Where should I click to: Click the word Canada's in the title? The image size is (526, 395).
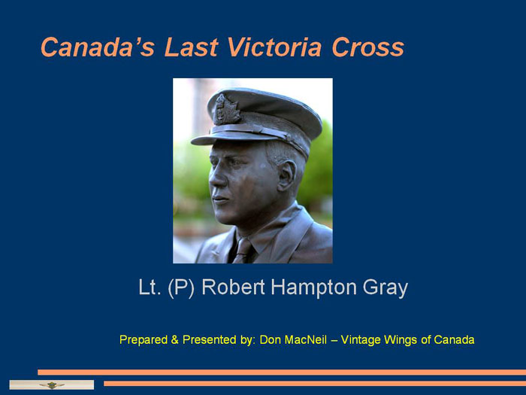pos(97,47)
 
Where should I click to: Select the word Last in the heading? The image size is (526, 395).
pos(191,47)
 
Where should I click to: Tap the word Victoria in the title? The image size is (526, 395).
pos(275,47)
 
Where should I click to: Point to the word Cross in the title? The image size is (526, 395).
pos(368,47)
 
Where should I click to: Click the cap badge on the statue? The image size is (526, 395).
pos(226,109)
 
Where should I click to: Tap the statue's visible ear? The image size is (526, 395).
pos(287,175)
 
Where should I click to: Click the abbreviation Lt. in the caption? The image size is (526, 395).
pos(150,287)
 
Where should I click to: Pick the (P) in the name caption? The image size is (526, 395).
pos(181,288)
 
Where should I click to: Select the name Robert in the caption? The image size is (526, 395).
pos(233,287)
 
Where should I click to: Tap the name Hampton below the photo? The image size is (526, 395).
pos(313,288)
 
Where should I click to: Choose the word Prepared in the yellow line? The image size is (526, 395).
pos(144,340)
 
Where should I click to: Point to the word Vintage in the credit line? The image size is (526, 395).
pos(361,340)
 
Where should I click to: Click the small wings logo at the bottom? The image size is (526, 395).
pos(52,385)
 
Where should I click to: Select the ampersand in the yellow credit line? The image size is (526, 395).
pos(174,339)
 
